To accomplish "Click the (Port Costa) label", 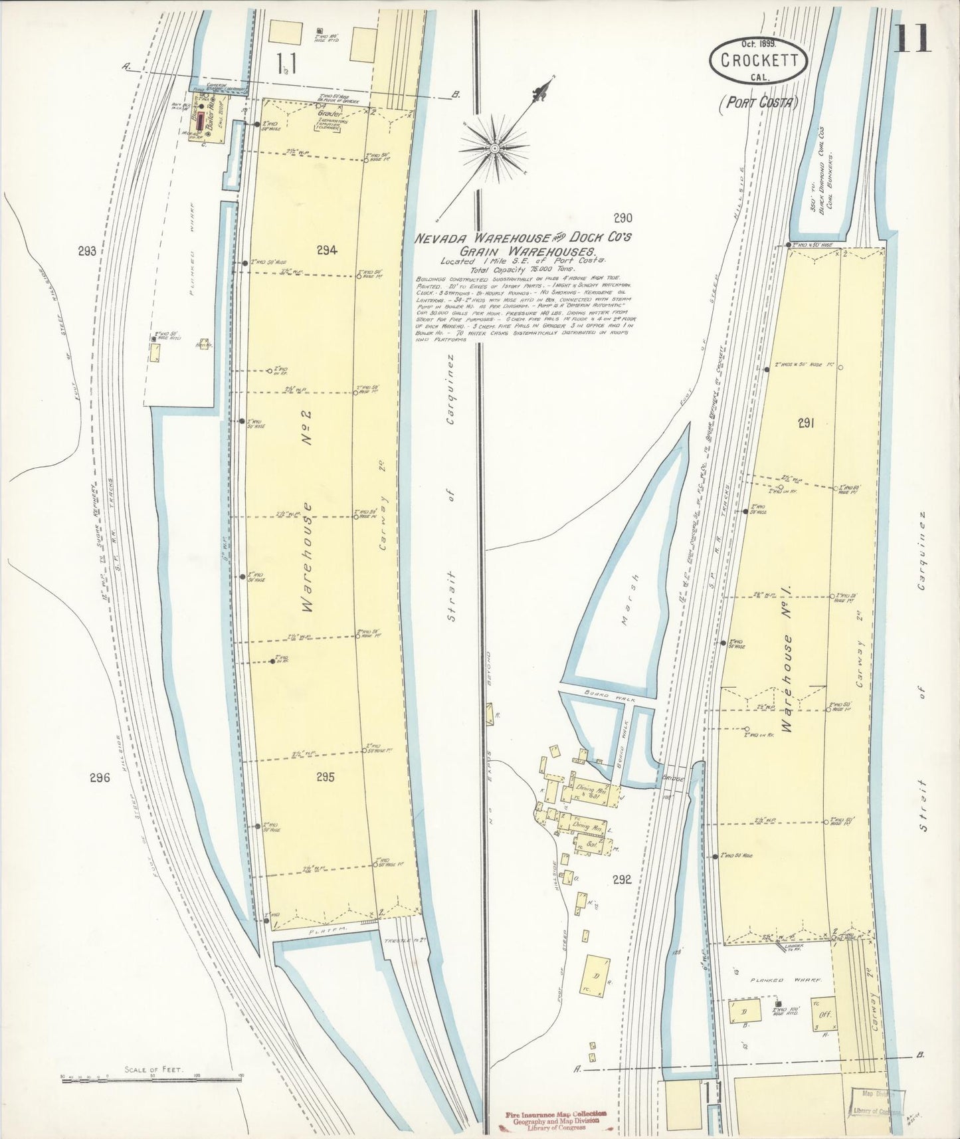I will (758, 102).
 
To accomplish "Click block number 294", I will (327, 251).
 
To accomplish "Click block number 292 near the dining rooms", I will (622, 880).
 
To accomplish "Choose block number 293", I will (87, 251).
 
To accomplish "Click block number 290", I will (623, 217).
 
